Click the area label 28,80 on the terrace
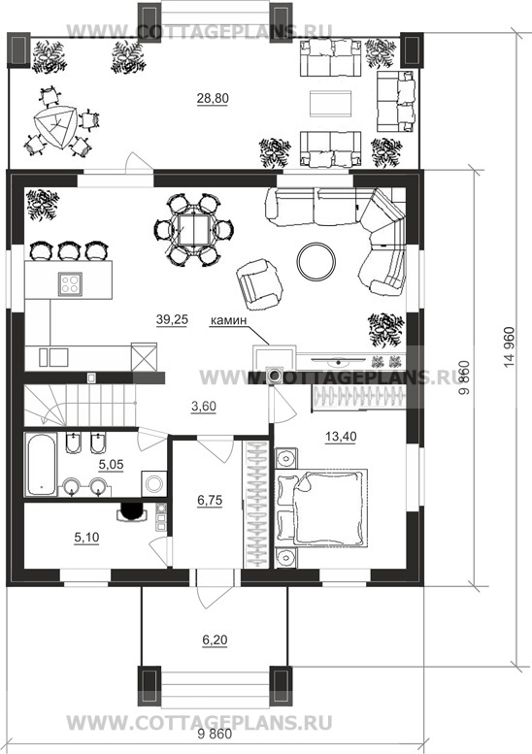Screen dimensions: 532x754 click(x=213, y=98)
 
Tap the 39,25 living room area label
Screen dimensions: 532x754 click(x=172, y=319)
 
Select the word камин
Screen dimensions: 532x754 click(x=228, y=320)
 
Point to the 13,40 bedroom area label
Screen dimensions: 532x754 click(x=341, y=436)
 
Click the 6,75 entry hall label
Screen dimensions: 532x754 click(x=211, y=500)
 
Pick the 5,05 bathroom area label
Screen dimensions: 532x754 click(x=111, y=464)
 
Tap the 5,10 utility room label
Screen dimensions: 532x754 click(x=86, y=538)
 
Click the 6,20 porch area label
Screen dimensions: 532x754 click(x=215, y=640)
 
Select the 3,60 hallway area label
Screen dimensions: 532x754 click(x=204, y=407)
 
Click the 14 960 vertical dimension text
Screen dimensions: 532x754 click(x=510, y=347)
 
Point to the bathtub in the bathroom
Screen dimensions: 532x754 click(x=42, y=465)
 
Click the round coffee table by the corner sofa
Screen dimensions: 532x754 click(x=316, y=261)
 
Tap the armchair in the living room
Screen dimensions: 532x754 click(x=259, y=283)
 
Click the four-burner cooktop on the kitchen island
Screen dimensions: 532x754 click(x=70, y=283)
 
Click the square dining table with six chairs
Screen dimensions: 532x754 click(x=194, y=229)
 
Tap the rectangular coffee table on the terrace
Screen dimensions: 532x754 click(x=330, y=103)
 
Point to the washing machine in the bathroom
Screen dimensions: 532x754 click(x=154, y=483)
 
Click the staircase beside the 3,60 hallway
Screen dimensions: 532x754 click(x=80, y=405)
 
